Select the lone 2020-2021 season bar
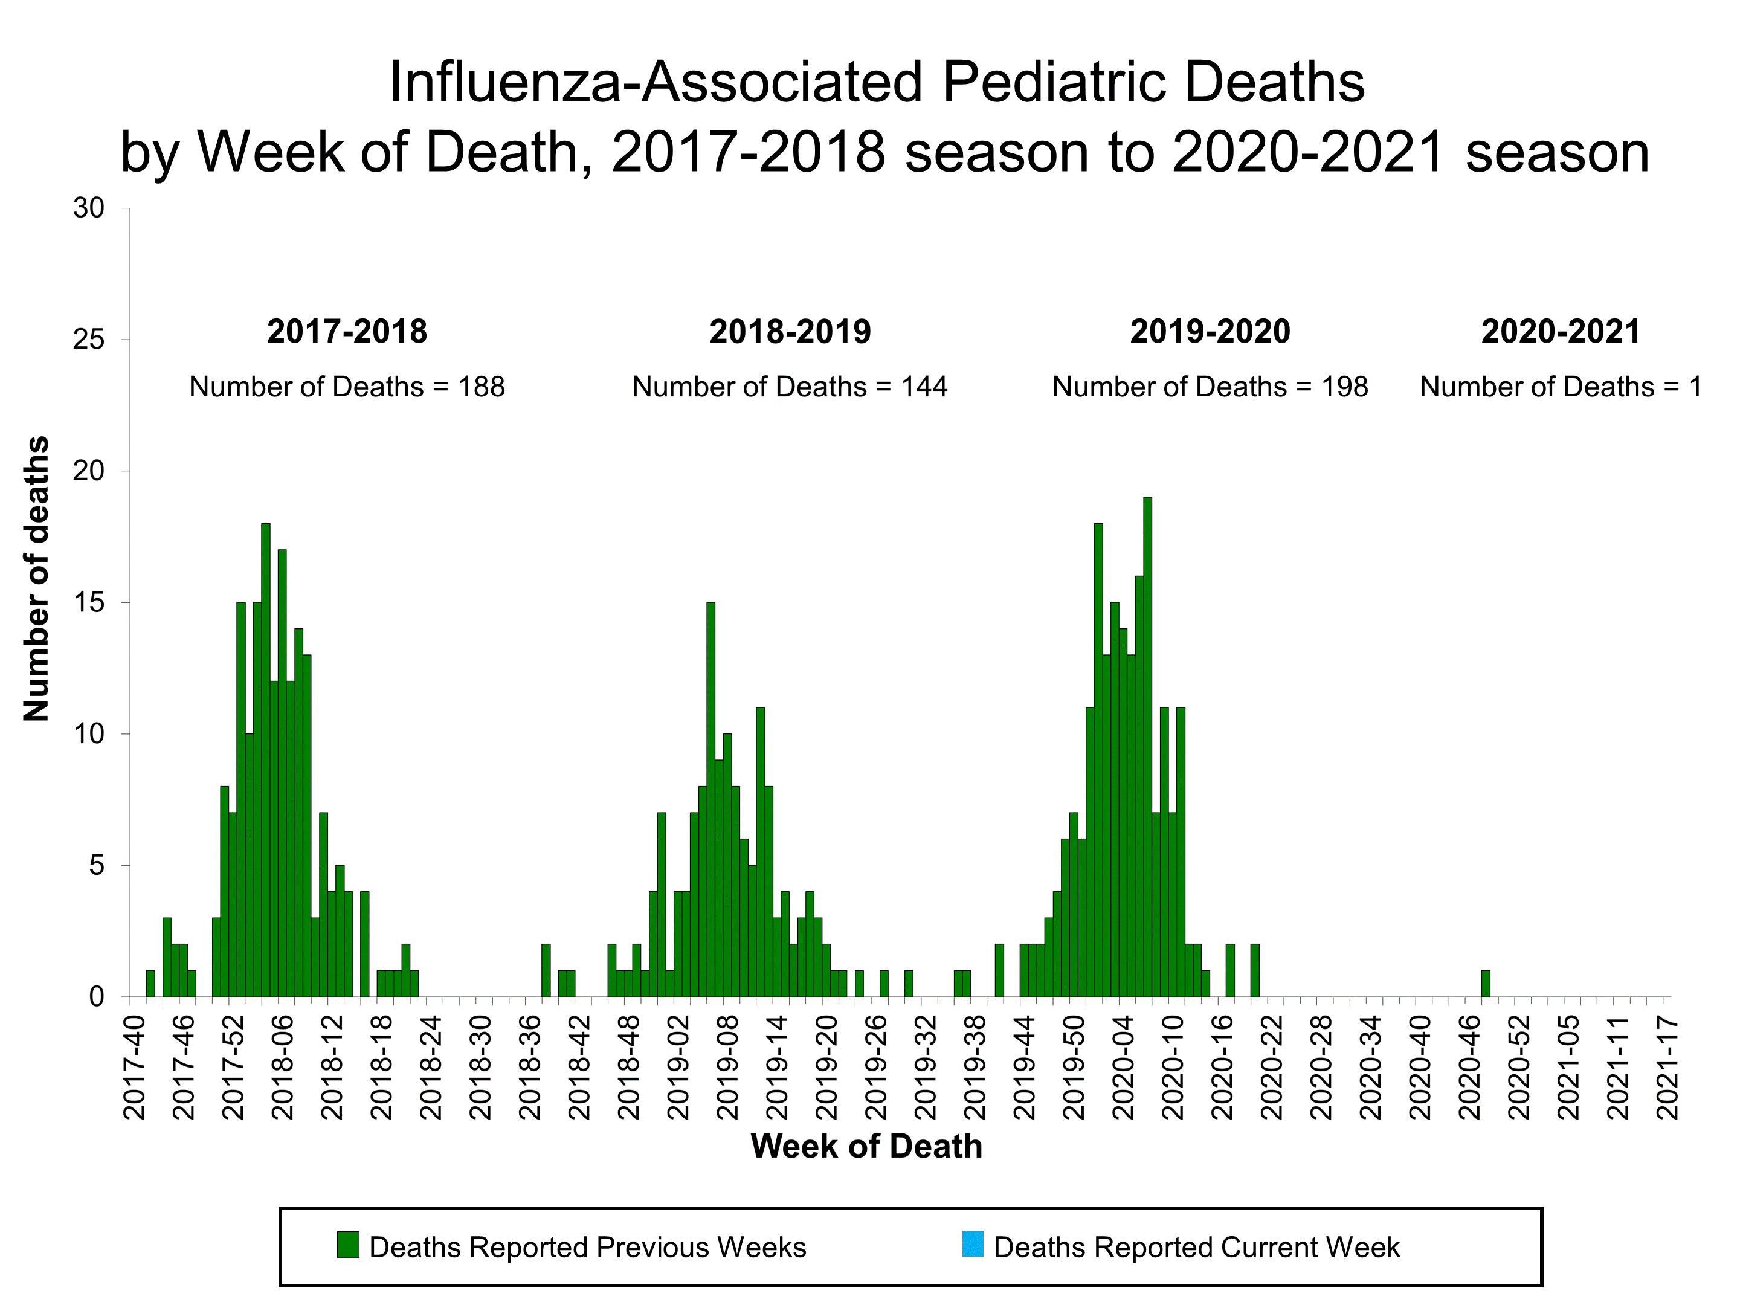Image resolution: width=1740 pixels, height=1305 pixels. point(1485,983)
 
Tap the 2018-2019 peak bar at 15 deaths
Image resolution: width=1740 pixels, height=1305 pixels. point(710,799)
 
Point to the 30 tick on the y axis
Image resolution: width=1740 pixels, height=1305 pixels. point(89,208)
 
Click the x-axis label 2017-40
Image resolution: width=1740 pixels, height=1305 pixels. point(135,1066)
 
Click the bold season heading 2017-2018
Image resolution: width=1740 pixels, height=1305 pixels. point(347,331)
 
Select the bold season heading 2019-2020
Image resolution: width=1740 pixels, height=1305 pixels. point(1210,331)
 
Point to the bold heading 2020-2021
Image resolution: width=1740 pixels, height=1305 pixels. point(1561,331)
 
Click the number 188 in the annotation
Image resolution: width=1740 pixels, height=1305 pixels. point(482,387)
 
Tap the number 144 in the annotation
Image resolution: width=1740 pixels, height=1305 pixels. point(924,387)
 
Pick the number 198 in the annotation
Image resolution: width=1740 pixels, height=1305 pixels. point(1344,387)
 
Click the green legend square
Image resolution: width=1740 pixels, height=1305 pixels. point(347,1245)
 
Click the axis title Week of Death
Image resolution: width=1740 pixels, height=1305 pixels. point(866,1146)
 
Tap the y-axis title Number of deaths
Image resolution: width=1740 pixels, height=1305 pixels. point(36,578)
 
